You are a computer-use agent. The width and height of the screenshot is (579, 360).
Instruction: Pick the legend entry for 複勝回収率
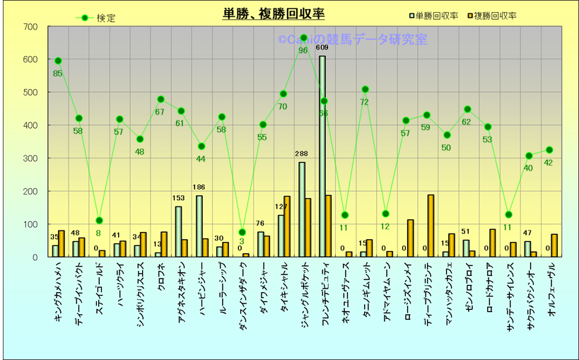pyautogui.click(x=493, y=15)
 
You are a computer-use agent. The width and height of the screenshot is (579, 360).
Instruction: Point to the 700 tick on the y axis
pyautogui.click(x=30, y=28)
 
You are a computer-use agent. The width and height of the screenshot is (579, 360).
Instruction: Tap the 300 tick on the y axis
pyautogui.click(x=30, y=158)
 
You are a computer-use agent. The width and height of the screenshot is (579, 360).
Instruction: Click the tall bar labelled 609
pyautogui.click(x=322, y=156)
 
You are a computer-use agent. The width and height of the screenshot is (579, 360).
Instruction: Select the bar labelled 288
pyautogui.click(x=302, y=209)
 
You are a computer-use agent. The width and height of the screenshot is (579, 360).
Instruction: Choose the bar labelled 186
pyautogui.click(x=199, y=226)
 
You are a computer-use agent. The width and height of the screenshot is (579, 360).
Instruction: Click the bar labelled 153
pyautogui.click(x=178, y=231)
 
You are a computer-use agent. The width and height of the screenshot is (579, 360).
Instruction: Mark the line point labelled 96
pyautogui.click(x=303, y=38)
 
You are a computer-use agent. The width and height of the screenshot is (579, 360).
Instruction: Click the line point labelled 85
pyautogui.click(x=58, y=61)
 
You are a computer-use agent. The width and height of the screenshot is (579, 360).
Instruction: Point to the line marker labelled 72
pyautogui.click(x=365, y=89)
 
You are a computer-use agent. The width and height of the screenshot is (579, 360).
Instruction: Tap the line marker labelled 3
pyautogui.click(x=242, y=232)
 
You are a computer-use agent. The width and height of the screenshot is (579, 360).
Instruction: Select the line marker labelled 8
pyautogui.click(x=99, y=221)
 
